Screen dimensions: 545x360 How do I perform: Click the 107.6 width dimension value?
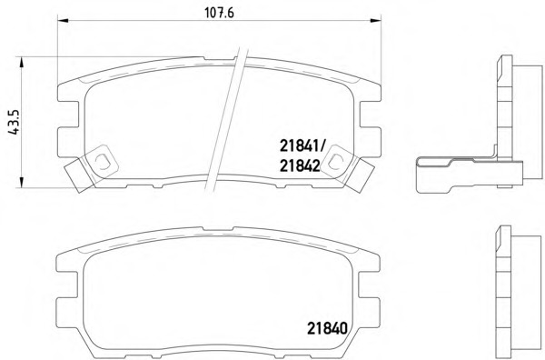pyautogui.click(x=219, y=13)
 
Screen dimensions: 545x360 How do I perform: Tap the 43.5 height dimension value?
pyautogui.click(x=15, y=122)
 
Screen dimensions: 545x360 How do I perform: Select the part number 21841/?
pyautogui.click(x=302, y=146)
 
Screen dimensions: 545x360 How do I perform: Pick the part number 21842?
pyautogui.click(x=300, y=166)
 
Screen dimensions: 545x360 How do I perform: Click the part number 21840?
pyautogui.click(x=327, y=328)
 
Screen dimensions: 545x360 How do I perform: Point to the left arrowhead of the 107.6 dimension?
pyautogui.click(x=63, y=21)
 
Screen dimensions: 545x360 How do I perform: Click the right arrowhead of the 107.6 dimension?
pyautogui.click(x=376, y=21)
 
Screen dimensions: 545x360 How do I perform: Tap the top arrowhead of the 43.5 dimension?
pyautogui.click(x=22, y=63)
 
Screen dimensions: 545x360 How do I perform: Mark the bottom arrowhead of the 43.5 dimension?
pyautogui.click(x=22, y=182)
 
